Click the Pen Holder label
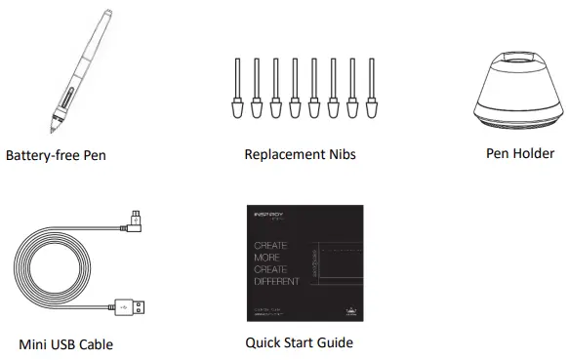tap(520, 153)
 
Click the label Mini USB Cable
tap(66, 344)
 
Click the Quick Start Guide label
tap(300, 342)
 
